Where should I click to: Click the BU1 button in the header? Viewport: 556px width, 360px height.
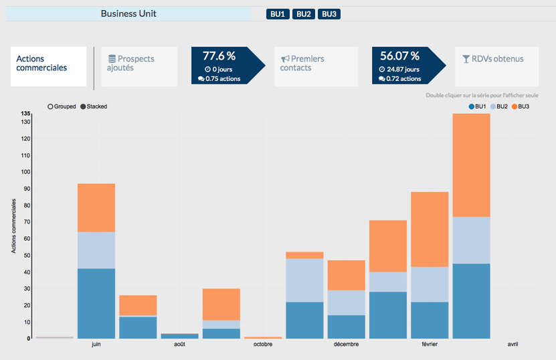(278, 14)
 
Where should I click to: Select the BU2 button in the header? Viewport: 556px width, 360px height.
(304, 14)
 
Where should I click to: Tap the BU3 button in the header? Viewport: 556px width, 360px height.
(329, 14)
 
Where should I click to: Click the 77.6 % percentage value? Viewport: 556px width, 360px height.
(219, 56)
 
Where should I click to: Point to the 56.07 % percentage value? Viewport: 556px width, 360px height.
(399, 56)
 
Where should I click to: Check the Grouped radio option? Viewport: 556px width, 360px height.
(50, 106)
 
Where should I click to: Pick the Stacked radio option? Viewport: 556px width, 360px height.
(84, 106)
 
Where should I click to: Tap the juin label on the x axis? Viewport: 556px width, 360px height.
(96, 345)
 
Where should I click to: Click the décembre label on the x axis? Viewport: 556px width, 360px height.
(345, 345)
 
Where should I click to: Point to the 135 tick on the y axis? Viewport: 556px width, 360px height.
(26, 114)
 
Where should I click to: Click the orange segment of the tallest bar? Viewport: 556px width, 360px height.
(472, 165)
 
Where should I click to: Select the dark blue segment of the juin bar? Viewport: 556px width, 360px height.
(96, 303)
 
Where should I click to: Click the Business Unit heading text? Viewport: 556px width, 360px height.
(128, 13)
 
